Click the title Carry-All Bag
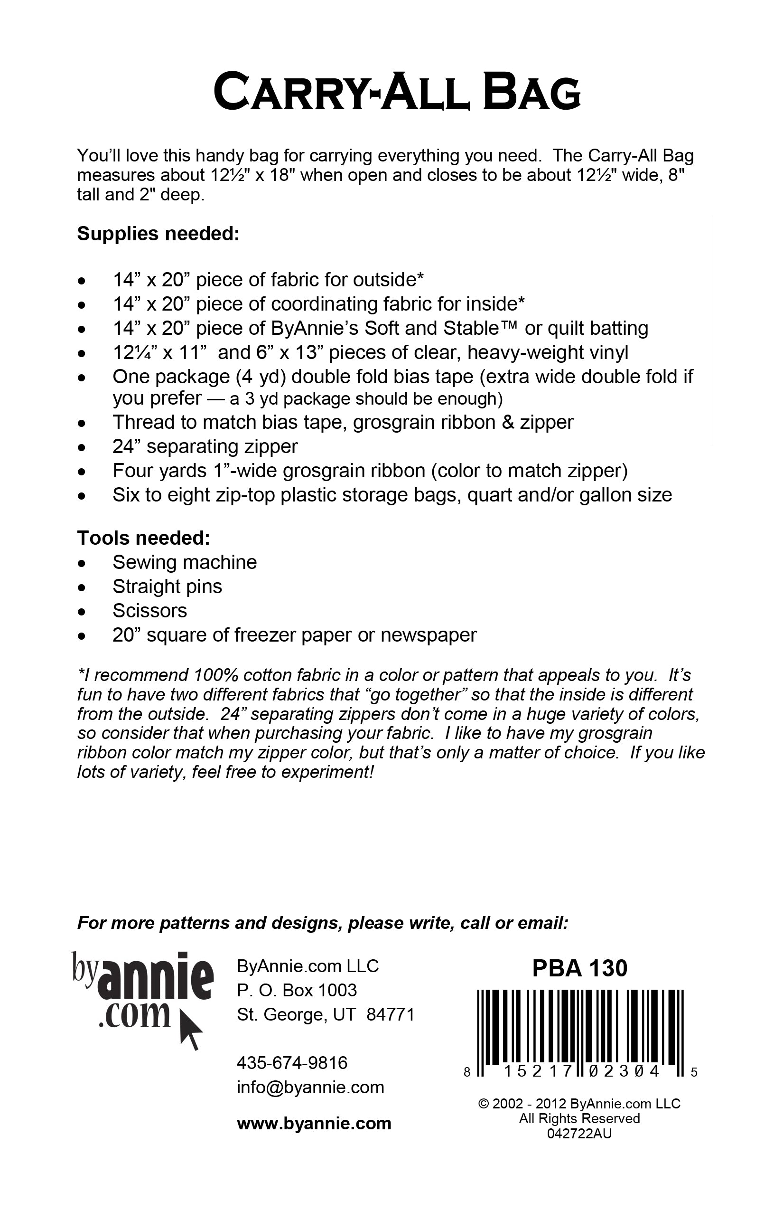point(397,92)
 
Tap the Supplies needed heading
point(158,234)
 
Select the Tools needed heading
point(143,538)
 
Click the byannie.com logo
point(142,998)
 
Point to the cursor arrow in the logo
point(191,1031)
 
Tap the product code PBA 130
point(579,968)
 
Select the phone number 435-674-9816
point(292,1062)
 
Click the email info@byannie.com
point(310,1088)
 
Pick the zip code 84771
point(391,1014)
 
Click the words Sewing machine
point(185,562)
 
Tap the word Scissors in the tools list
point(150,611)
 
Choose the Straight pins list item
point(167,587)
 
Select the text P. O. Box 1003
point(297,990)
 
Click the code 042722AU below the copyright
point(579,1133)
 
